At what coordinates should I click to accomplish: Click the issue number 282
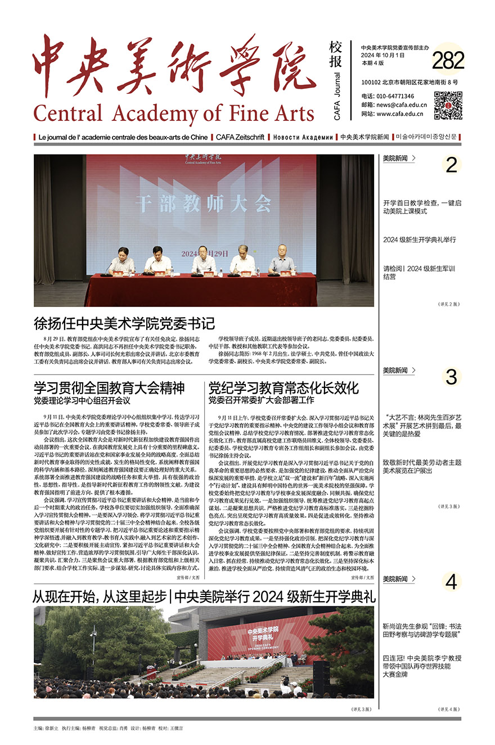point(448,61)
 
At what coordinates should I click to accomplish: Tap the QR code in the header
point(448,105)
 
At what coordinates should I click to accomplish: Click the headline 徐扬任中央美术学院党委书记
point(124,323)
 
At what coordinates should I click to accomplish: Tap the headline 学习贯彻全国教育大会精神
point(109,388)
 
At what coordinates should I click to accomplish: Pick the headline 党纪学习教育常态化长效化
point(283,388)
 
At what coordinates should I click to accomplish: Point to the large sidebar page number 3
point(451,377)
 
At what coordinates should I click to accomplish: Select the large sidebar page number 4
point(451,583)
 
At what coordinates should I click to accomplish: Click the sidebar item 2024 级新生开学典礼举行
point(420,240)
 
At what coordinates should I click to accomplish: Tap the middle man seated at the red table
point(204,261)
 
